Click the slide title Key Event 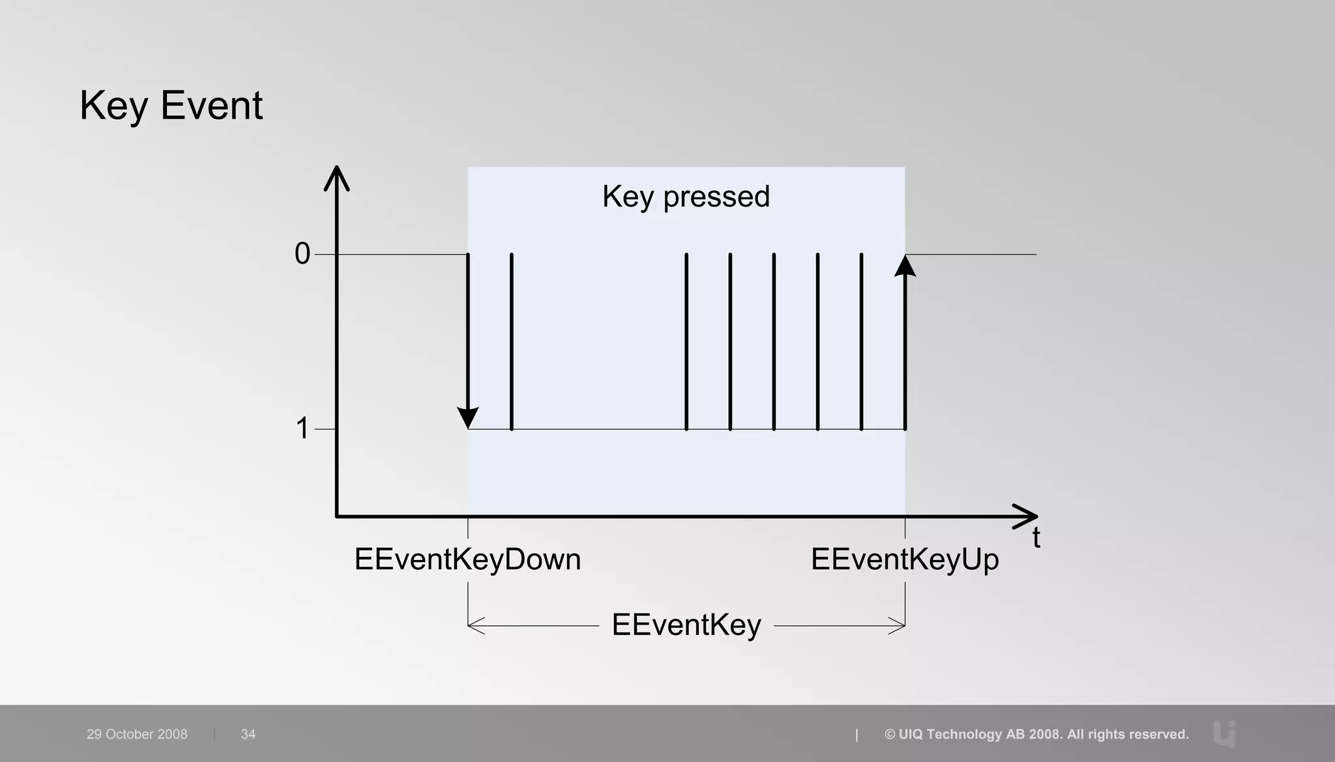point(171,106)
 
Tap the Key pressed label point(686,197)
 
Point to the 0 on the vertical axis point(302,254)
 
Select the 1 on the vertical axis point(302,429)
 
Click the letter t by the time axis point(1036,539)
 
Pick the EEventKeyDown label point(467,559)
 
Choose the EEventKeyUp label point(905,559)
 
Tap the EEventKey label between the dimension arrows point(686,625)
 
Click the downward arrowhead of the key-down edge point(468,417)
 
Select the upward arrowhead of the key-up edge point(905,266)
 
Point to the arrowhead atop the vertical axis point(336,177)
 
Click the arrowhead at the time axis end point(1026,516)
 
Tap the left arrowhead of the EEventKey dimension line point(475,626)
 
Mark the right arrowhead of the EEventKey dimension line point(898,626)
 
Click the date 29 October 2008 point(137,734)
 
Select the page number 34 point(248,734)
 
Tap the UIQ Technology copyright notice point(1036,734)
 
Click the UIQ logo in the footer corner point(1225,734)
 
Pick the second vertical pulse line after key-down point(686,342)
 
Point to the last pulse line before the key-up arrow point(861,342)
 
